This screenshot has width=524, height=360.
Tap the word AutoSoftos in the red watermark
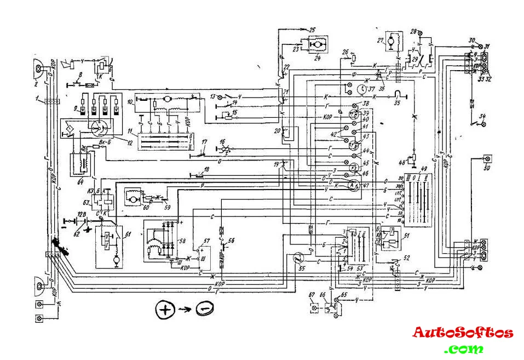(x=463, y=333)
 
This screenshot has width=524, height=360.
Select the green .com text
(x=464, y=348)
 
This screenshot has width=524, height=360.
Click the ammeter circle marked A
(x=353, y=186)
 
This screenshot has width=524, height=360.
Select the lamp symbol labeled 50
(x=486, y=159)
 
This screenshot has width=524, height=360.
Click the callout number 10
(x=130, y=102)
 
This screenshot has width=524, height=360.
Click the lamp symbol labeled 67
(x=314, y=308)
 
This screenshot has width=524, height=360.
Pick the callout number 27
(x=379, y=41)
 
